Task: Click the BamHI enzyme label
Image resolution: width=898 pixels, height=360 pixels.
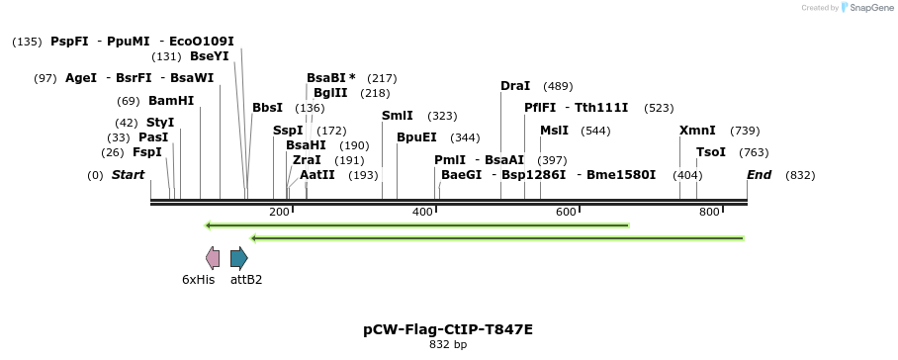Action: pos(171,101)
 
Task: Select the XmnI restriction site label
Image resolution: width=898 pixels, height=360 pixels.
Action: pos(697,131)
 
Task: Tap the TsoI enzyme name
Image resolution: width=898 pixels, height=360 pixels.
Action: pos(711,152)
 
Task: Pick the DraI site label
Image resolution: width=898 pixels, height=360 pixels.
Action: pos(515,86)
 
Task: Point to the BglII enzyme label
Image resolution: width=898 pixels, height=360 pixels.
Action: pos(330,93)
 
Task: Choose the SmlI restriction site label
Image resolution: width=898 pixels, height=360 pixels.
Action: pos(398,116)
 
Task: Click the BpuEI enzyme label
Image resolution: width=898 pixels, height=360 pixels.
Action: pos(416,137)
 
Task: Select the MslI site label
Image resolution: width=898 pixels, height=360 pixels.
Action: pos(554,131)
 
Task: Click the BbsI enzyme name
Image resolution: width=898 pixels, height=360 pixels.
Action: pos(267,108)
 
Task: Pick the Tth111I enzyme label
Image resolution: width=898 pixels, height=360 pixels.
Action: pos(602,108)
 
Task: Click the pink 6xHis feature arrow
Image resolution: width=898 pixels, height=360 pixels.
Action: pos(213,258)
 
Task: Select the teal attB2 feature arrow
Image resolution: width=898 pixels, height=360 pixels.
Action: pos(238,258)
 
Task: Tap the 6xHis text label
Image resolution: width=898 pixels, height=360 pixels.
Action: pos(198,280)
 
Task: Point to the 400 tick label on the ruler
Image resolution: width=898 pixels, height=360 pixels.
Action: pos(422,213)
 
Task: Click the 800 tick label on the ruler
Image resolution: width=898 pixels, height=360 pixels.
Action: pos(709,213)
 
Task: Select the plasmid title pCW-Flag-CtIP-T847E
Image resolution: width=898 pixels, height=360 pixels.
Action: pos(448,329)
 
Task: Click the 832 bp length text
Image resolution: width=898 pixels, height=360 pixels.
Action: pos(448,345)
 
